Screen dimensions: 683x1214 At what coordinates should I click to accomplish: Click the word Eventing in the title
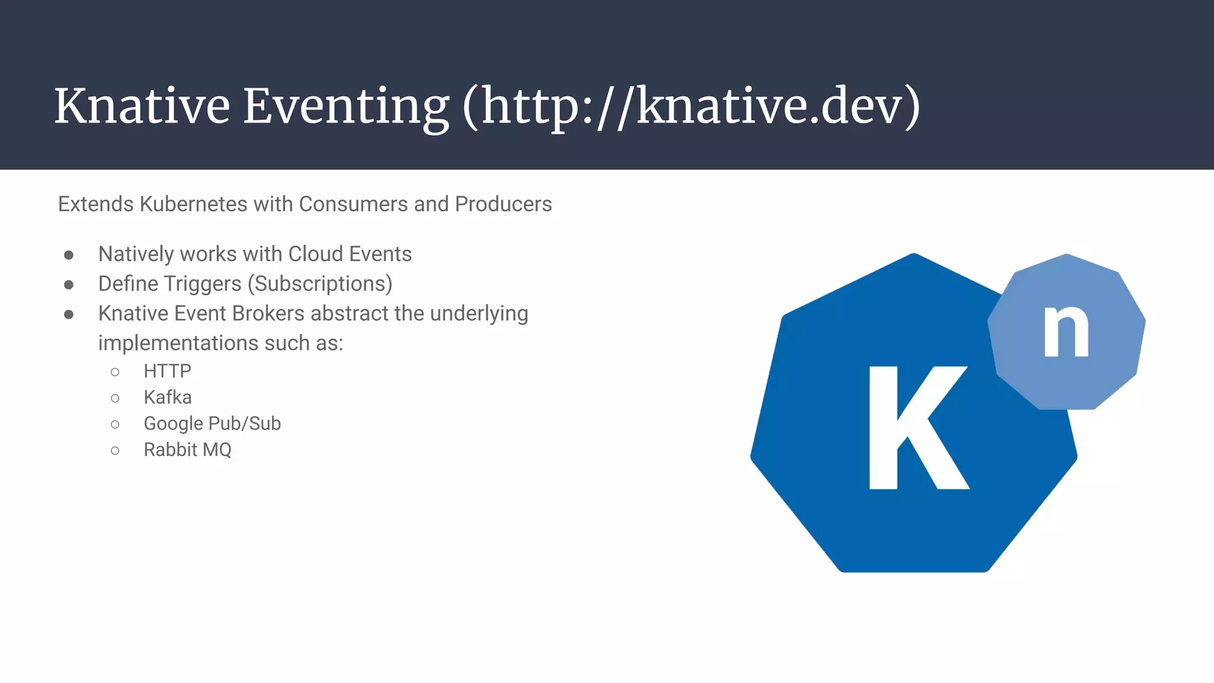[346, 107]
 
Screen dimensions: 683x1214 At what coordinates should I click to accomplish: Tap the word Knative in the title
[142, 107]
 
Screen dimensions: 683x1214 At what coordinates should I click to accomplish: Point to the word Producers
[503, 204]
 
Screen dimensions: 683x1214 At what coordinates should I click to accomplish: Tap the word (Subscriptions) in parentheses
[320, 284]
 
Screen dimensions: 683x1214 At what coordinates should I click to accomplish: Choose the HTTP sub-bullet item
[167, 371]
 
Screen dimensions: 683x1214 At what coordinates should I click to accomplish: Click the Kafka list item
[167, 397]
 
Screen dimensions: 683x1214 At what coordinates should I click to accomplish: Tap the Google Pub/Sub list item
[212, 424]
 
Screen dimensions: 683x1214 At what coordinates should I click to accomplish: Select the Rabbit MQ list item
[187, 450]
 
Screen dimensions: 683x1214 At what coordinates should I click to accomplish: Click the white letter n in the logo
[1066, 332]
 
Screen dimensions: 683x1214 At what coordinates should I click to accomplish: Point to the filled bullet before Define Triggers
[69, 285]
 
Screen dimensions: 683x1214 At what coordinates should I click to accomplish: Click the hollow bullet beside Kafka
[115, 398]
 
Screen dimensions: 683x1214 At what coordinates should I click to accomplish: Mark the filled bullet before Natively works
[69, 255]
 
